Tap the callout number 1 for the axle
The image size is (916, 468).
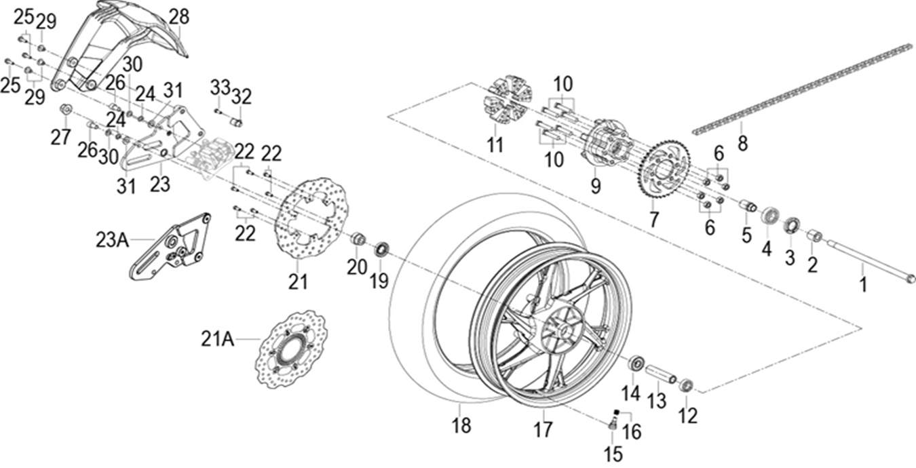pos(863,285)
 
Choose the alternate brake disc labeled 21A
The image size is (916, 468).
pos(293,350)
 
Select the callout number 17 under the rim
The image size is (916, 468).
pos(543,429)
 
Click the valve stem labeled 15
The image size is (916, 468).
pos(611,425)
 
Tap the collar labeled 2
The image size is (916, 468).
pos(814,237)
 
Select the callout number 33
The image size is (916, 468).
pos(220,87)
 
